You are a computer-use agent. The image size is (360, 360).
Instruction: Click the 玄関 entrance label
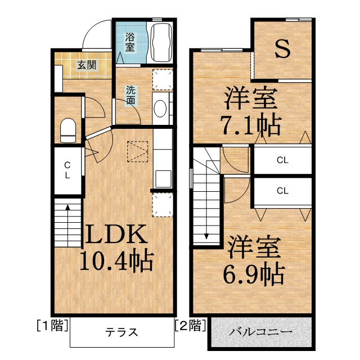point(86,65)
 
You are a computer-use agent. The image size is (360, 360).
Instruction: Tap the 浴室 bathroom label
point(130,42)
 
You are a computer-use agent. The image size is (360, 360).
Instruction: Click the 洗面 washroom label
point(130,95)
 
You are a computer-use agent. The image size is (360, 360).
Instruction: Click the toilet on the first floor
point(68,130)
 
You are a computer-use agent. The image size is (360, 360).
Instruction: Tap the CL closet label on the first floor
point(67,170)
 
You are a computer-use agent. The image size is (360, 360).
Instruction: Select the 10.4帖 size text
point(116,260)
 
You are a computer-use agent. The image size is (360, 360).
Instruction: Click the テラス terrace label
point(121,332)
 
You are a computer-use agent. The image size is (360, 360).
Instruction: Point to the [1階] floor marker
point(52,325)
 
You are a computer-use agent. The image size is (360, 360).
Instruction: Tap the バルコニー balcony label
point(260,332)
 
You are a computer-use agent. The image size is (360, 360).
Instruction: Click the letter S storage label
point(282,49)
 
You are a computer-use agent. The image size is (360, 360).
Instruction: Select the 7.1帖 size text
point(251,125)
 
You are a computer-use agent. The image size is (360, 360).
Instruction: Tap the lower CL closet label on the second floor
point(282,191)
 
